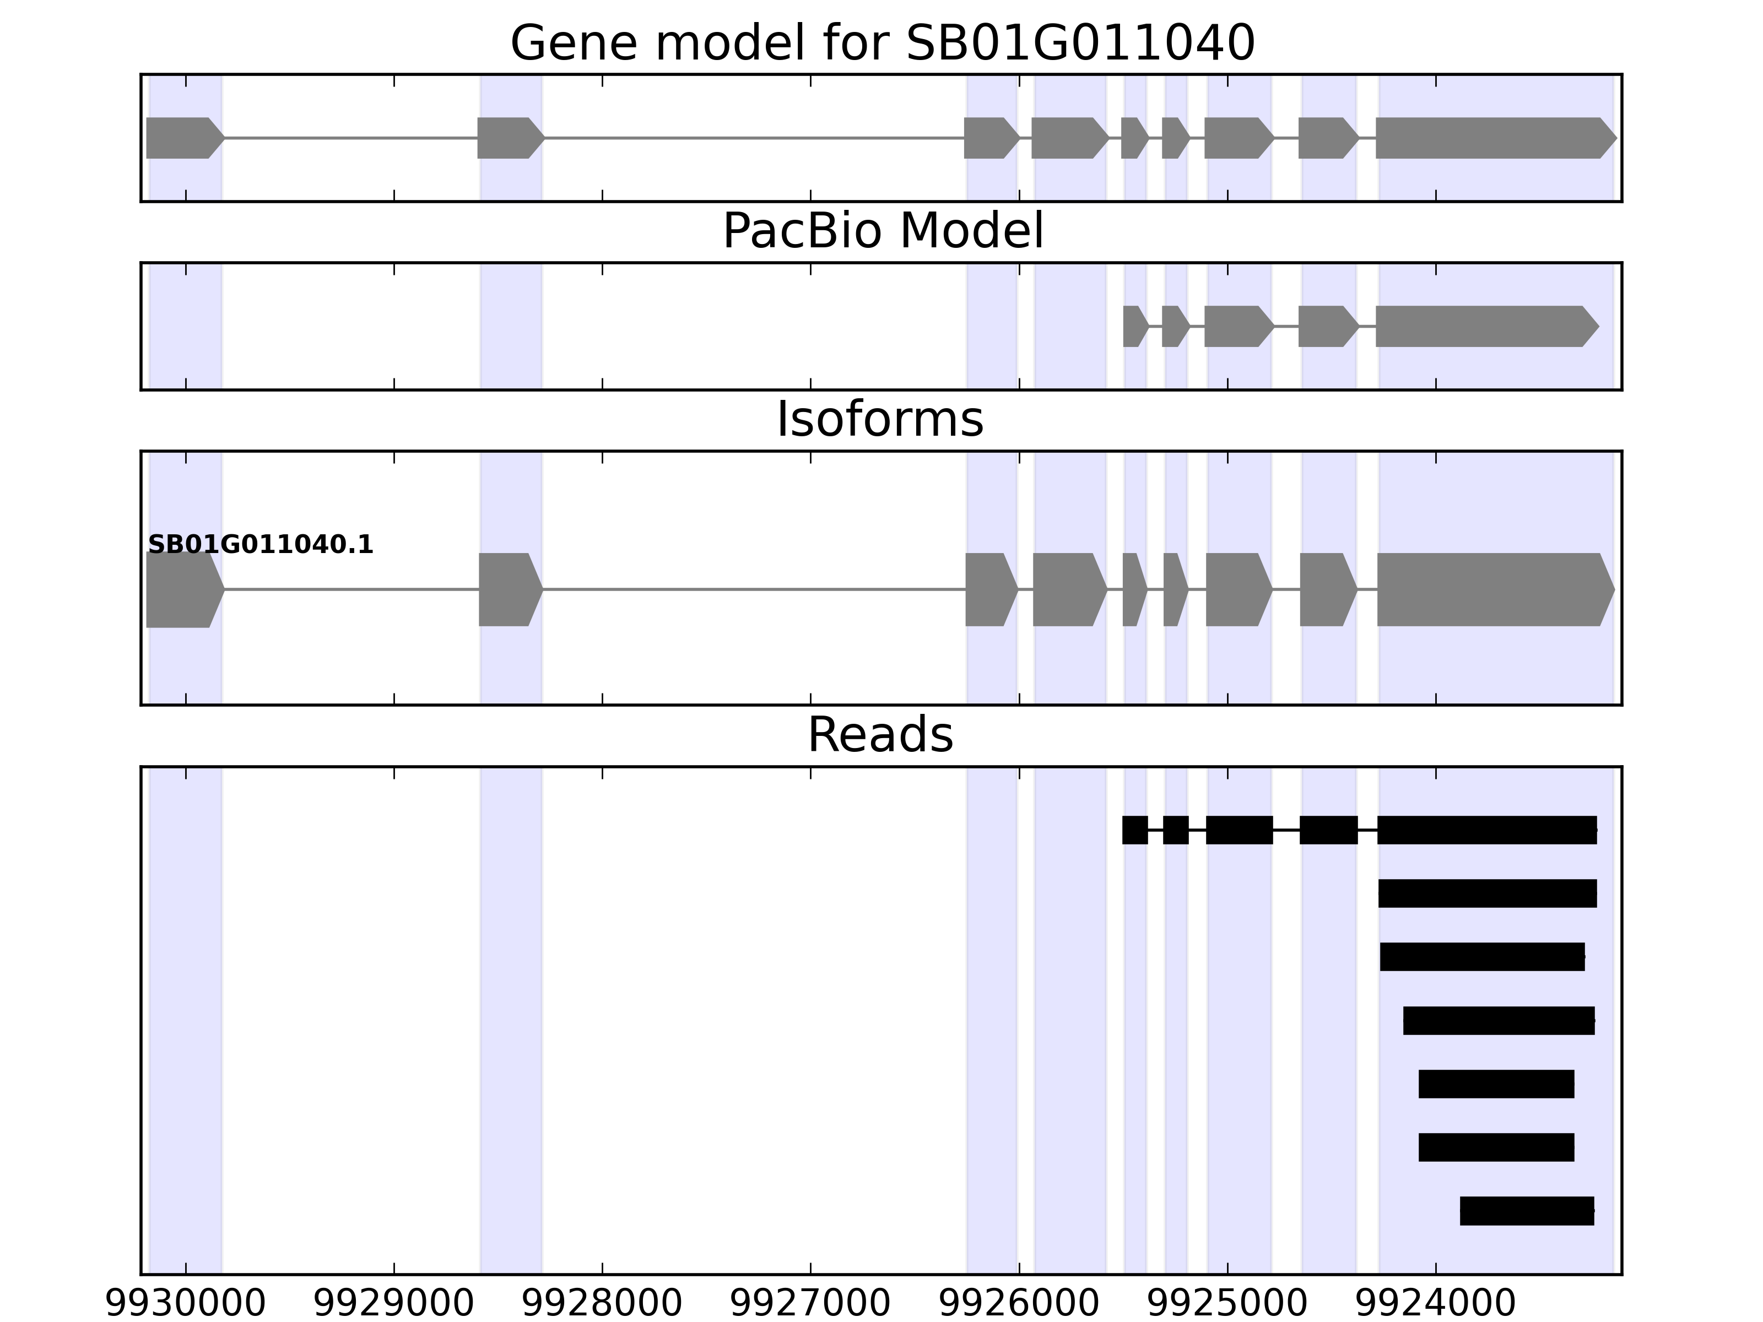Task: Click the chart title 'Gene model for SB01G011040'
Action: point(882,43)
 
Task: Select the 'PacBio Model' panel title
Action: point(882,232)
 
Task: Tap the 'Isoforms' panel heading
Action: point(880,420)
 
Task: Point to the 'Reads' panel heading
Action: point(880,735)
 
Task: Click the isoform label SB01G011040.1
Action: point(261,545)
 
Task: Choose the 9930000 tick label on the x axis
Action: point(186,1304)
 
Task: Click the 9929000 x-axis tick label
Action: point(394,1304)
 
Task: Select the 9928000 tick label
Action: point(602,1304)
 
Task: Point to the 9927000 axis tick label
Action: point(810,1304)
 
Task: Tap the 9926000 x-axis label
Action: point(1019,1304)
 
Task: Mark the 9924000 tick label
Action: point(1435,1304)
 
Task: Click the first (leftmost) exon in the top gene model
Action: point(182,138)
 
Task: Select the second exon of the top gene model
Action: point(509,138)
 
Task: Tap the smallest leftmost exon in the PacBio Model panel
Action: point(1133,326)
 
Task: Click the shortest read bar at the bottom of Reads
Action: point(1526,1210)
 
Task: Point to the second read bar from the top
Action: point(1487,893)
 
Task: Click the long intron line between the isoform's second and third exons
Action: point(753,590)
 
